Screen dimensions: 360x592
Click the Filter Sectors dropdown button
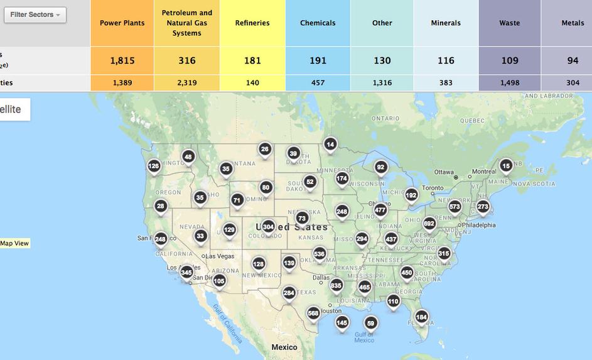[35, 14]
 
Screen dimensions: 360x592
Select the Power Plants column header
[122, 23]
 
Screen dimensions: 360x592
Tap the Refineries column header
[252, 23]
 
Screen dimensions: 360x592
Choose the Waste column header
[509, 23]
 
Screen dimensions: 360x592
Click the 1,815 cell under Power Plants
[122, 61]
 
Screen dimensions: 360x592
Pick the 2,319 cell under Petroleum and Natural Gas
[187, 82]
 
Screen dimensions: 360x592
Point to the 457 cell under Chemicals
[318, 82]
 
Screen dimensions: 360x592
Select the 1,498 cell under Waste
[509, 82]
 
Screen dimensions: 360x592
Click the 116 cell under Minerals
[445, 61]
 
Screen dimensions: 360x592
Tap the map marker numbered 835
[336, 285]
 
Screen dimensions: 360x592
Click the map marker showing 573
[455, 207]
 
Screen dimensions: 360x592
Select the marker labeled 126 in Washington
[154, 166]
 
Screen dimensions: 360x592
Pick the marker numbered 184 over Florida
[421, 317]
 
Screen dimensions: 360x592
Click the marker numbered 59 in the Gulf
[370, 324]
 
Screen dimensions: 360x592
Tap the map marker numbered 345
[186, 273]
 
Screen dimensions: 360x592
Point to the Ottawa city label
[443, 172]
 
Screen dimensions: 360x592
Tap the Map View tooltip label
[14, 243]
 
